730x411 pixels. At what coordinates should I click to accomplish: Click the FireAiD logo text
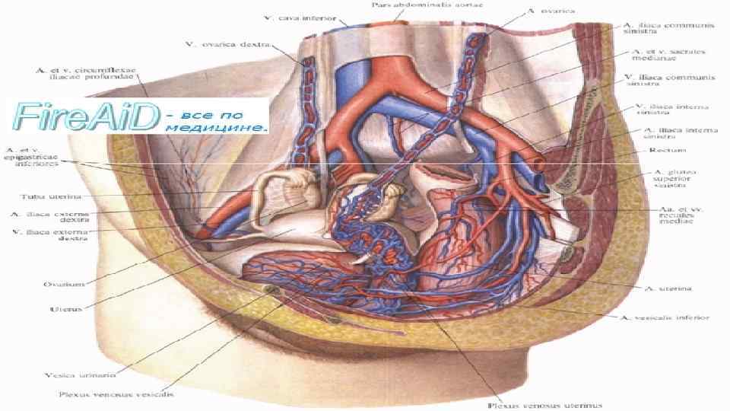pyautogui.click(x=85, y=116)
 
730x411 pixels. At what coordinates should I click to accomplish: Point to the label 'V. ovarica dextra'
pyautogui.click(x=221, y=43)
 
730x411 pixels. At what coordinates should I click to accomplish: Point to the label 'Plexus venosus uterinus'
pyautogui.click(x=536, y=405)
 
